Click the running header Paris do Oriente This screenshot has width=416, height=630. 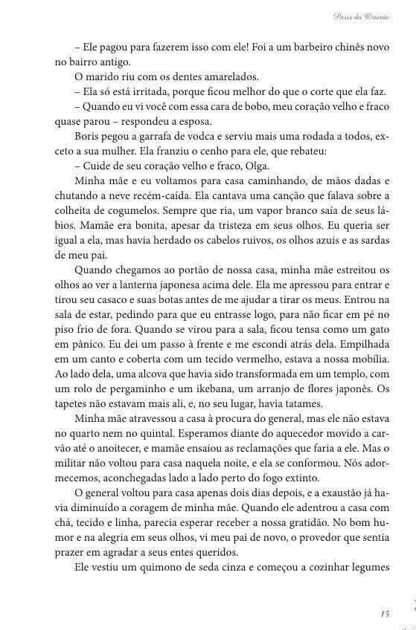359,16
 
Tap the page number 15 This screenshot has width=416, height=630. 384,613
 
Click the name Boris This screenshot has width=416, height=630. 88,137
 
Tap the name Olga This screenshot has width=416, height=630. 252,166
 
